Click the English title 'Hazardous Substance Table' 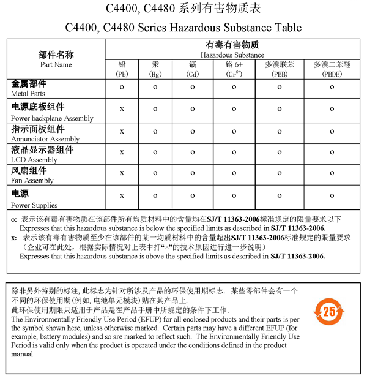pos(183,28)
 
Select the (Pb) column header pos(122,69)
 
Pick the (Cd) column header pos(193,69)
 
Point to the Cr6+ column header pos(234,69)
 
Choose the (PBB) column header pos(280,69)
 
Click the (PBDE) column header pos(332,69)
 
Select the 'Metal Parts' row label pos(28,94)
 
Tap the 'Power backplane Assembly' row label pos(52,118)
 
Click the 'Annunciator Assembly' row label pos(45,139)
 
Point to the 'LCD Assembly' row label pos(34,160)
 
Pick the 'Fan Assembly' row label pos(32,181)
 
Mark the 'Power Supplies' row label pos(34,205)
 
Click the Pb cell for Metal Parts pos(122,88)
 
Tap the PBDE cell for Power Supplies pos(332,195)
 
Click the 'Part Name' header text pos(56,64)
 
